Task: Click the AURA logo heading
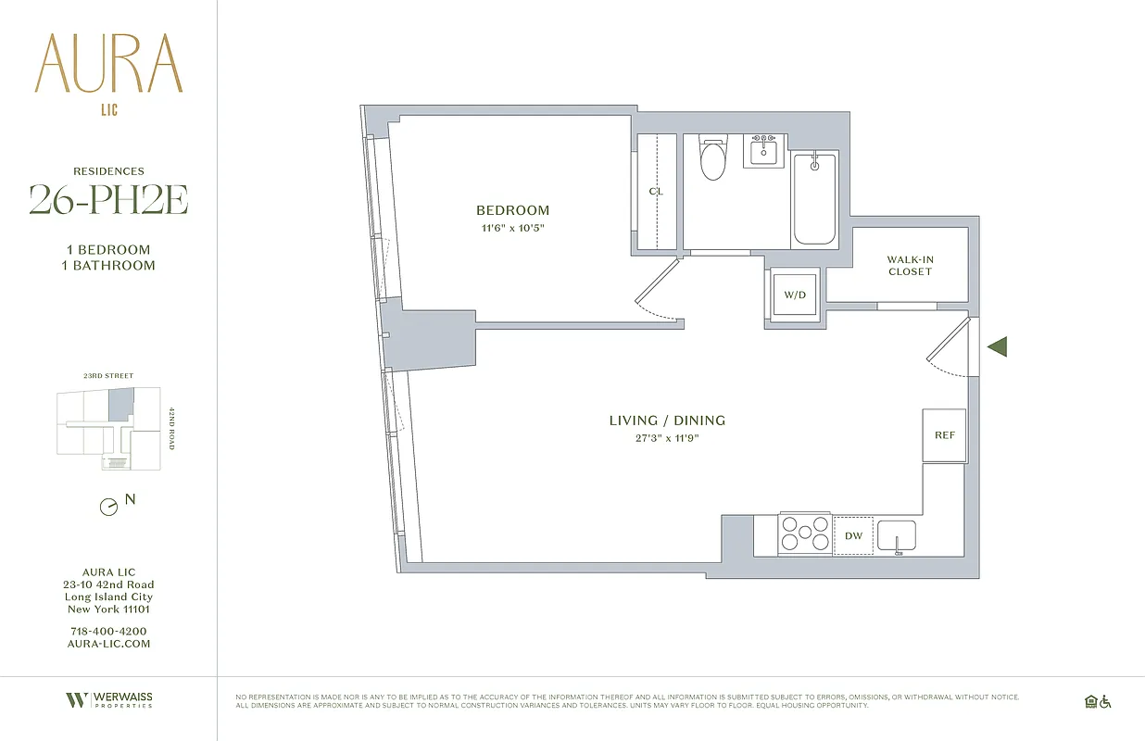pyautogui.click(x=108, y=65)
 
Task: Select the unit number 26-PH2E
pyautogui.click(x=108, y=200)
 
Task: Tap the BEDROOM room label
pyautogui.click(x=512, y=210)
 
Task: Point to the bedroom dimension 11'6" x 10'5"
pyautogui.click(x=512, y=228)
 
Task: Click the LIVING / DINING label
pyautogui.click(x=667, y=421)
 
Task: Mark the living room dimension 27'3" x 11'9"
pyautogui.click(x=667, y=438)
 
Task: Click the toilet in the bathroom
pyautogui.click(x=713, y=160)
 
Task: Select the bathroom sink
pyautogui.click(x=765, y=150)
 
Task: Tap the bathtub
pyautogui.click(x=814, y=198)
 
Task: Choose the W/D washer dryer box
pyautogui.click(x=795, y=295)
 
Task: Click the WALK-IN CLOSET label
pyautogui.click(x=910, y=266)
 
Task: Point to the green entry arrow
pyautogui.click(x=996, y=347)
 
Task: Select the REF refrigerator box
pyautogui.click(x=944, y=435)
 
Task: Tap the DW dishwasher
pyautogui.click(x=853, y=536)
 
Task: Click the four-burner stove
pyautogui.click(x=804, y=534)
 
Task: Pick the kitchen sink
pyautogui.click(x=896, y=535)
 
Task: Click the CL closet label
pyautogui.click(x=656, y=192)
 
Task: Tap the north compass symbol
pyautogui.click(x=109, y=507)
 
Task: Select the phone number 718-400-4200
pyautogui.click(x=108, y=631)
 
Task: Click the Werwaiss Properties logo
pyautogui.click(x=108, y=700)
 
